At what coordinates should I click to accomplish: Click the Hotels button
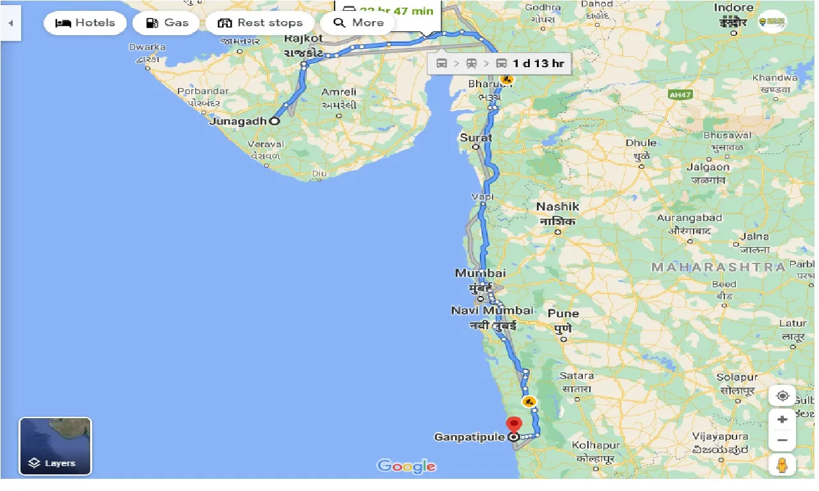coord(85,23)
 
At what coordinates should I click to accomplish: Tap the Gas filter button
coord(167,23)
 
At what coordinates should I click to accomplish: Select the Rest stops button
coord(259,23)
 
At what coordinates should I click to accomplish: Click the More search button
coord(358,23)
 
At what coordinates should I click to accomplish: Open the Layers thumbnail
coord(56,446)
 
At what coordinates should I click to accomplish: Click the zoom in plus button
coord(782,419)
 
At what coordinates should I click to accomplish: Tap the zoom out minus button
coord(782,440)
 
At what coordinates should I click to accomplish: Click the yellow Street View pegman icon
coord(782,465)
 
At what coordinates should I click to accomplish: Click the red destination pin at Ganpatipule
coord(513,425)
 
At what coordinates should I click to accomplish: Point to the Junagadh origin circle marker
coord(274,121)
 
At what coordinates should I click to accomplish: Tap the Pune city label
coord(563,314)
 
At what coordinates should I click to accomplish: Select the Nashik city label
coord(558,207)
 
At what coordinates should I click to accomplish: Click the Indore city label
coord(733,8)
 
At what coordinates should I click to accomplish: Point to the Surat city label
coord(476,137)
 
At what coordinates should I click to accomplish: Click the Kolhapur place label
coord(596,445)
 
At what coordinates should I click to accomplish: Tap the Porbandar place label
coord(203,91)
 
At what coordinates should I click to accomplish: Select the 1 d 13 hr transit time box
coord(499,63)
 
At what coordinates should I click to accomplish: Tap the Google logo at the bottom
coord(406,466)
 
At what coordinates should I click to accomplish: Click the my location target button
coord(782,396)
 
